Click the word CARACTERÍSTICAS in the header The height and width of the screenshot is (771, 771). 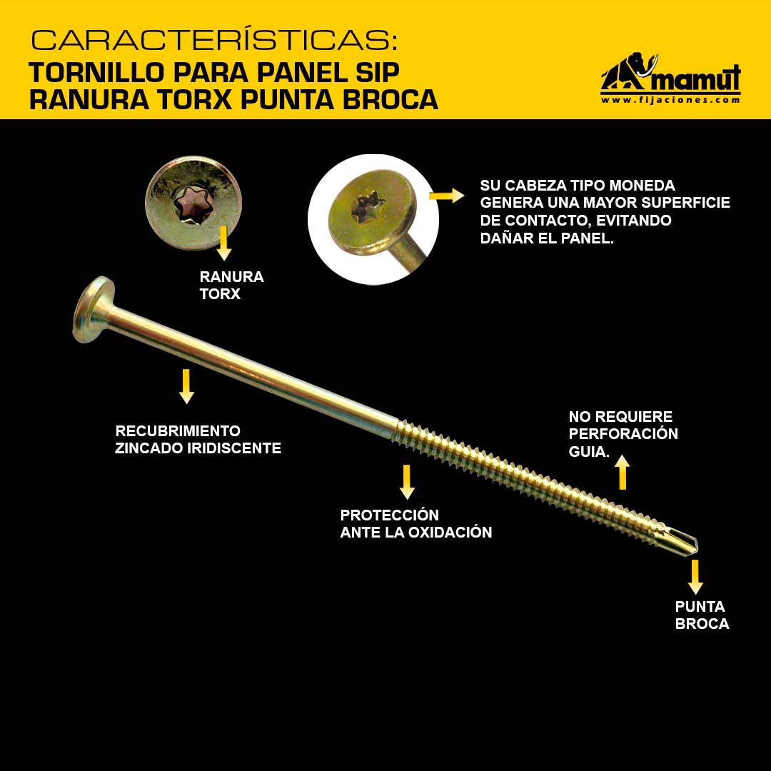click(214, 40)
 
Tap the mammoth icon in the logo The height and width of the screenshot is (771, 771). click(629, 72)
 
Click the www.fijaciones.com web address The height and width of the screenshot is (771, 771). click(670, 100)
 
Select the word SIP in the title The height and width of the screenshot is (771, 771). click(377, 73)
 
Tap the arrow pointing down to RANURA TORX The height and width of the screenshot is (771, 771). click(223, 243)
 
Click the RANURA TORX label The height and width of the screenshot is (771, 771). click(231, 285)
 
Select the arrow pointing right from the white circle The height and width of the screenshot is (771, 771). click(446, 196)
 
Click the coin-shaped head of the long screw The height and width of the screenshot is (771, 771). click(94, 309)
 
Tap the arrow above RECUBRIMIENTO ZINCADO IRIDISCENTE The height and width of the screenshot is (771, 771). click(186, 386)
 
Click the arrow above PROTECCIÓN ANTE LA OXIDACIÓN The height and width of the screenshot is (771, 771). click(407, 482)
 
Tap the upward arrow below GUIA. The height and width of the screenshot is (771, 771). click(623, 472)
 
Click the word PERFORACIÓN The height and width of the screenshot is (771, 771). click(623, 434)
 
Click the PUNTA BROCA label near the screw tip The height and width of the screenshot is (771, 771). click(702, 615)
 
